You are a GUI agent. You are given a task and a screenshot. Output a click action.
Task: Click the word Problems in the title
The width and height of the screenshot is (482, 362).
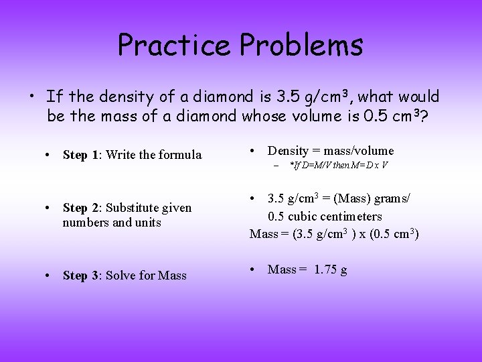(301, 45)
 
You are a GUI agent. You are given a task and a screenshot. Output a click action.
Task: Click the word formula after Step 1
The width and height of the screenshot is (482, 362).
(179, 155)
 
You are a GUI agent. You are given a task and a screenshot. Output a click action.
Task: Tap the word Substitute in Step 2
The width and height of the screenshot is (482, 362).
(133, 208)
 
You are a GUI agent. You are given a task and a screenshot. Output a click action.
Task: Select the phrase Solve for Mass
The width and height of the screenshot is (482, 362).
(146, 276)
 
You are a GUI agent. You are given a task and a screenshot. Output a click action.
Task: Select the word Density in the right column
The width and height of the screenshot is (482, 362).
(288, 151)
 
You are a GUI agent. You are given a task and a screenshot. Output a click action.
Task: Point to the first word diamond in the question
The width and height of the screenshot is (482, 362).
(208, 97)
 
